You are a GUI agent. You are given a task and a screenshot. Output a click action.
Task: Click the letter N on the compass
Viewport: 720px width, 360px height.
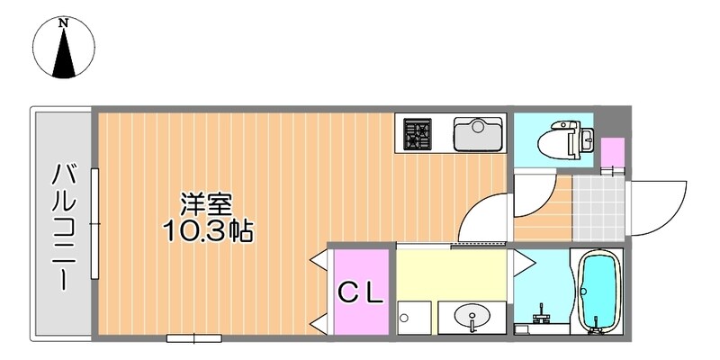click(x=64, y=23)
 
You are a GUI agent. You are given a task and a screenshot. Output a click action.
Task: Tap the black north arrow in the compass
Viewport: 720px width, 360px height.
click(x=64, y=57)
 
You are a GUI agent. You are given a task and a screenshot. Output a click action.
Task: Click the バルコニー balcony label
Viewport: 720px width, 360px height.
click(x=62, y=225)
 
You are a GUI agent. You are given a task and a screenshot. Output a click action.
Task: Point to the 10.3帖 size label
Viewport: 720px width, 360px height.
click(x=207, y=231)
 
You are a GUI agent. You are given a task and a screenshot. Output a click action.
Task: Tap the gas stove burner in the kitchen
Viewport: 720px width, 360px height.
click(x=417, y=133)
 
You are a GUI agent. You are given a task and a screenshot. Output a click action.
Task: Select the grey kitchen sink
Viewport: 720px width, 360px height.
click(x=477, y=134)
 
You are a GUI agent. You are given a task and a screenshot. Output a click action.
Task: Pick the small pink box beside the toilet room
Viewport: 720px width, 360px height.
click(x=612, y=152)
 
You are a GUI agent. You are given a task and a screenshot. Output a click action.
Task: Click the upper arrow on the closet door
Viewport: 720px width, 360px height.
click(x=319, y=262)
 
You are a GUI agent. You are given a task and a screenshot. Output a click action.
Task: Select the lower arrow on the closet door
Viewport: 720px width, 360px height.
click(x=319, y=321)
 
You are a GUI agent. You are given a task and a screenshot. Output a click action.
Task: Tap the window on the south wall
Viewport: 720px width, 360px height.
click(x=193, y=338)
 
